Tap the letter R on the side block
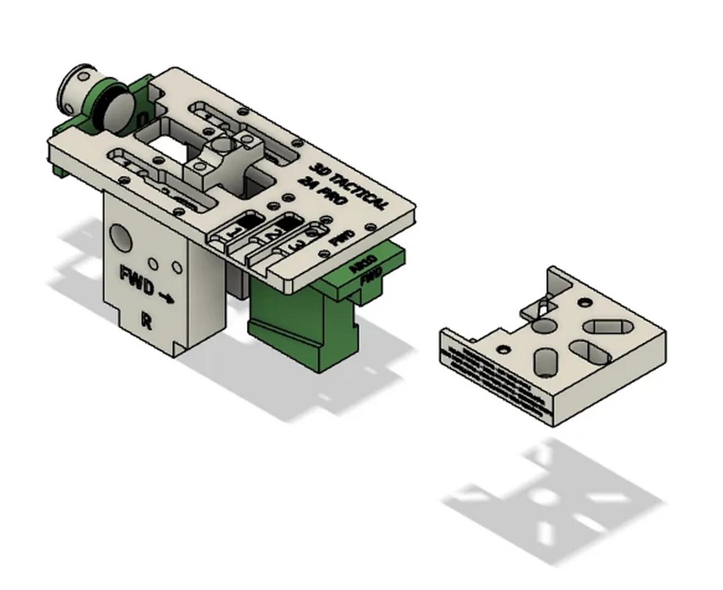[146, 322]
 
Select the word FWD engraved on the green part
[371, 275]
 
